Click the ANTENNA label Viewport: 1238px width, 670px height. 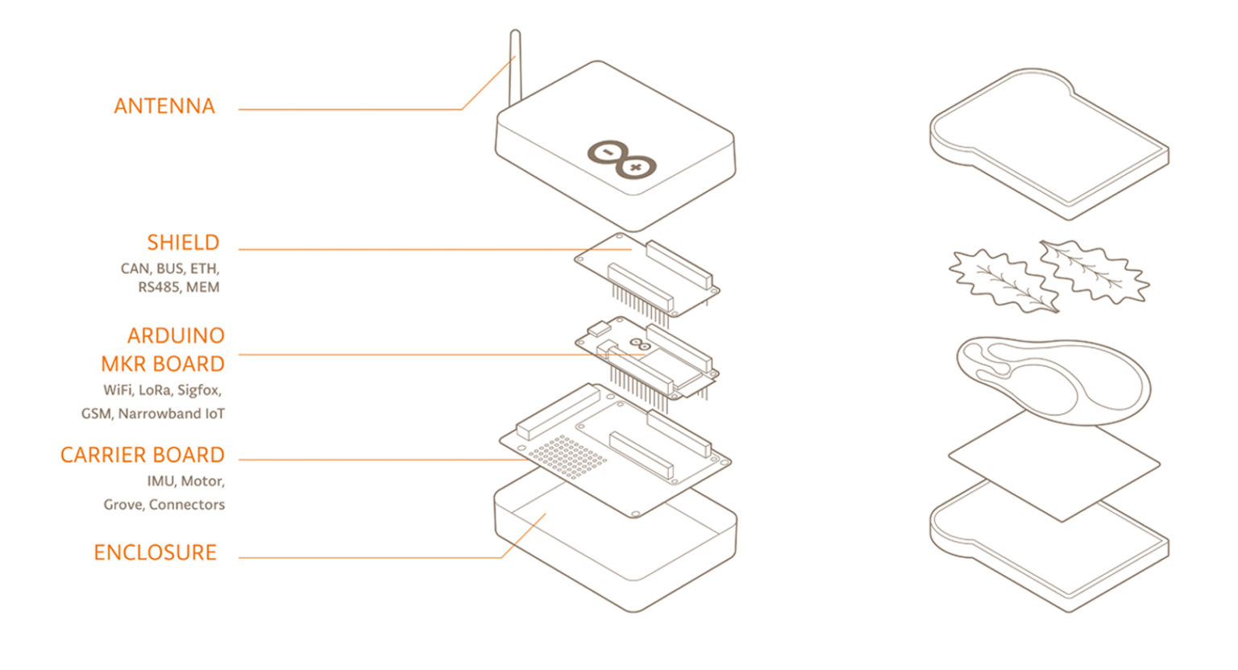click(164, 106)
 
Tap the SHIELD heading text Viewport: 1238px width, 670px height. click(183, 243)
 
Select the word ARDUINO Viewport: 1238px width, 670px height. click(176, 335)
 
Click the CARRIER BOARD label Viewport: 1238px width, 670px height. click(143, 455)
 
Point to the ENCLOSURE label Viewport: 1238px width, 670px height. click(156, 552)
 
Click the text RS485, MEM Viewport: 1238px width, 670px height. click(178, 288)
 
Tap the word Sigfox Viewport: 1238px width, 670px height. click(199, 390)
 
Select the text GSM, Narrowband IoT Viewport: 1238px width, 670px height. click(153, 414)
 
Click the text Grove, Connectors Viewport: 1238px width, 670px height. click(164, 505)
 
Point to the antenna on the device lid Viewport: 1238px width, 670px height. click(515, 66)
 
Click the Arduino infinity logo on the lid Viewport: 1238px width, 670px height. click(621, 160)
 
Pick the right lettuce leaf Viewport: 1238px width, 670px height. click(1095, 272)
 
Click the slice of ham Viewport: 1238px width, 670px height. click(1053, 381)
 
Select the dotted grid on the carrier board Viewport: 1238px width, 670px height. click(567, 456)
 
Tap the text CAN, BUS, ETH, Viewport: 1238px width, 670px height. click(170, 268)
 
